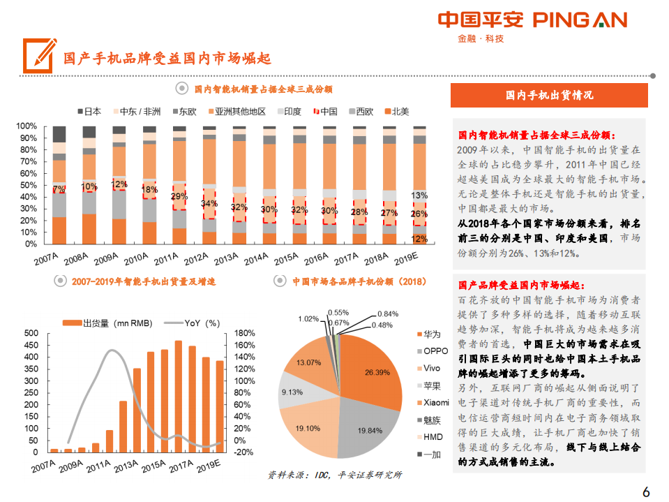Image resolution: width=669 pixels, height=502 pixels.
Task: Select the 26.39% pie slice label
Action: click(377, 372)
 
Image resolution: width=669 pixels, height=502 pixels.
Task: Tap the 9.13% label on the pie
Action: click(291, 393)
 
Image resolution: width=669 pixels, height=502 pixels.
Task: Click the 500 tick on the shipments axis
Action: click(31, 333)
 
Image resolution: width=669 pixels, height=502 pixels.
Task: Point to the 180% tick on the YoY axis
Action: click(245, 333)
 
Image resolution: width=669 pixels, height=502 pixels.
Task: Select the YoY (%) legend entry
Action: click(196, 323)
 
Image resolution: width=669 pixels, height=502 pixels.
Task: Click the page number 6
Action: click(646, 492)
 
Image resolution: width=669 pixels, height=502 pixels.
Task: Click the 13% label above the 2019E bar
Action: click(419, 195)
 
